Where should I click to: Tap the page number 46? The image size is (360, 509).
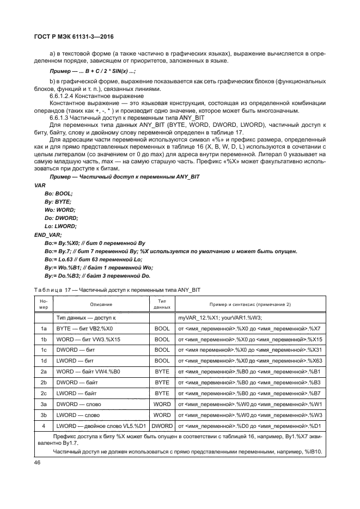pyautogui.click(x=38, y=462)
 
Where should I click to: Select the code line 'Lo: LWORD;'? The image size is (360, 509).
pyautogui.click(x=60, y=226)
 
